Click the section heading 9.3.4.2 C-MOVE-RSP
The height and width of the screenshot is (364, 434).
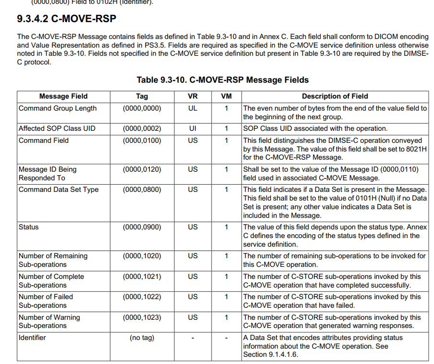pos(66,19)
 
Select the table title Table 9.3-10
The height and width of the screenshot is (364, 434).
pos(223,80)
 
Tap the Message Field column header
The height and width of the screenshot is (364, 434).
pos(63,96)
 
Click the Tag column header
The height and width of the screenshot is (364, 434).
pos(142,96)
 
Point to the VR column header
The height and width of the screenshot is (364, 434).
pos(193,96)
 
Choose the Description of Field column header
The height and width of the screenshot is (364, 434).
pos(335,96)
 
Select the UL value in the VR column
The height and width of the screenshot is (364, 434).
pos(193,108)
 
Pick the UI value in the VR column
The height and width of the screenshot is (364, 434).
pos(193,128)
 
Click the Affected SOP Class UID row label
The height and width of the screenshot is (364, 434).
pos(57,128)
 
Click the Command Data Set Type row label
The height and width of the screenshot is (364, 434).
pos(58,189)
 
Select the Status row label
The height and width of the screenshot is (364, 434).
pos(28,227)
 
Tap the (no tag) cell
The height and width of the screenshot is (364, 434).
pos(142,338)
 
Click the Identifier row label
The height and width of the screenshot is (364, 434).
pos(32,338)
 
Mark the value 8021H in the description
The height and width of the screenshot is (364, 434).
pos(416,149)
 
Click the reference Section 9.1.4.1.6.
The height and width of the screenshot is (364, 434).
pos(270,354)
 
